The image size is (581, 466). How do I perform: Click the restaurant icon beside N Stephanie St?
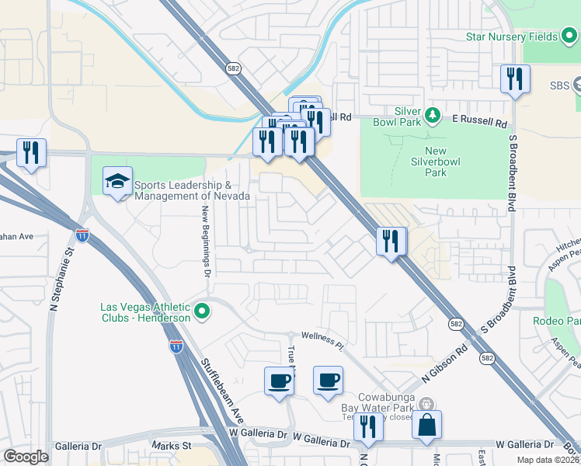[31, 152]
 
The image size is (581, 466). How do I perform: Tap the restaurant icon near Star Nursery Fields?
[515, 79]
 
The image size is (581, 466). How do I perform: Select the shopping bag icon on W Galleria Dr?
[427, 425]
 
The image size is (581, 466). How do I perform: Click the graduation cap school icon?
[117, 181]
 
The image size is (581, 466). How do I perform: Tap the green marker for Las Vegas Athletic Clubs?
[202, 312]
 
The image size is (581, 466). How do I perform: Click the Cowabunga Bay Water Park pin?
[426, 404]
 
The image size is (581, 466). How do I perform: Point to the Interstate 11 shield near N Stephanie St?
[82, 234]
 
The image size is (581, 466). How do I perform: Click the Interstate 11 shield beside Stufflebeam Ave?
[177, 347]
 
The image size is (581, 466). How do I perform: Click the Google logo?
[26, 457]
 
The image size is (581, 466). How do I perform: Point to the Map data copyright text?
[548, 460]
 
